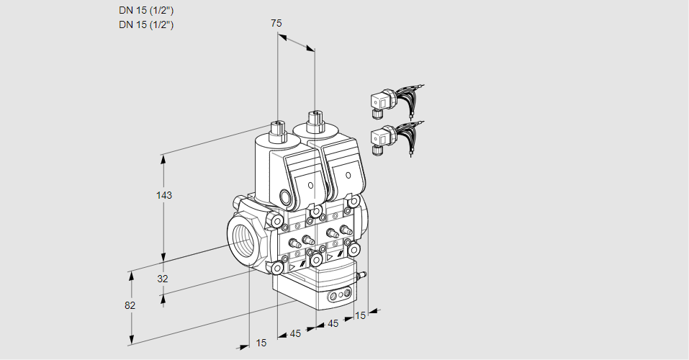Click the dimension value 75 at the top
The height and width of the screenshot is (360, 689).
[x=276, y=23]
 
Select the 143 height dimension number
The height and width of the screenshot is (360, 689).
[x=166, y=195]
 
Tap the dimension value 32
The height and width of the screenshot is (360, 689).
[x=163, y=279]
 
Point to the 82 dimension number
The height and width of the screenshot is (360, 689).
[x=130, y=305]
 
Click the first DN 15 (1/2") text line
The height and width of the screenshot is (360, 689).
[x=146, y=10]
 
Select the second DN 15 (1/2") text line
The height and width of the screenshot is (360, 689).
[x=146, y=24]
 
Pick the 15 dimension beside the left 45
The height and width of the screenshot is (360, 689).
[x=261, y=343]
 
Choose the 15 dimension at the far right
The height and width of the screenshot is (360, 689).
[x=361, y=315]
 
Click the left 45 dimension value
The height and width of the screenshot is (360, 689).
[x=294, y=333]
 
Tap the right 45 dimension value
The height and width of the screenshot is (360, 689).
[x=333, y=323]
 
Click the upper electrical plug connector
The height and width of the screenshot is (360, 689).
[x=382, y=102]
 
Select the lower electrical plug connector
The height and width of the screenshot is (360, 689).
[x=382, y=138]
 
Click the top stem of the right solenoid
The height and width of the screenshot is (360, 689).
[x=314, y=120]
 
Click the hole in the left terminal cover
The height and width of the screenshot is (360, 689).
[x=311, y=186]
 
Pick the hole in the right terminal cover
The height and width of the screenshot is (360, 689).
[x=348, y=175]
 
